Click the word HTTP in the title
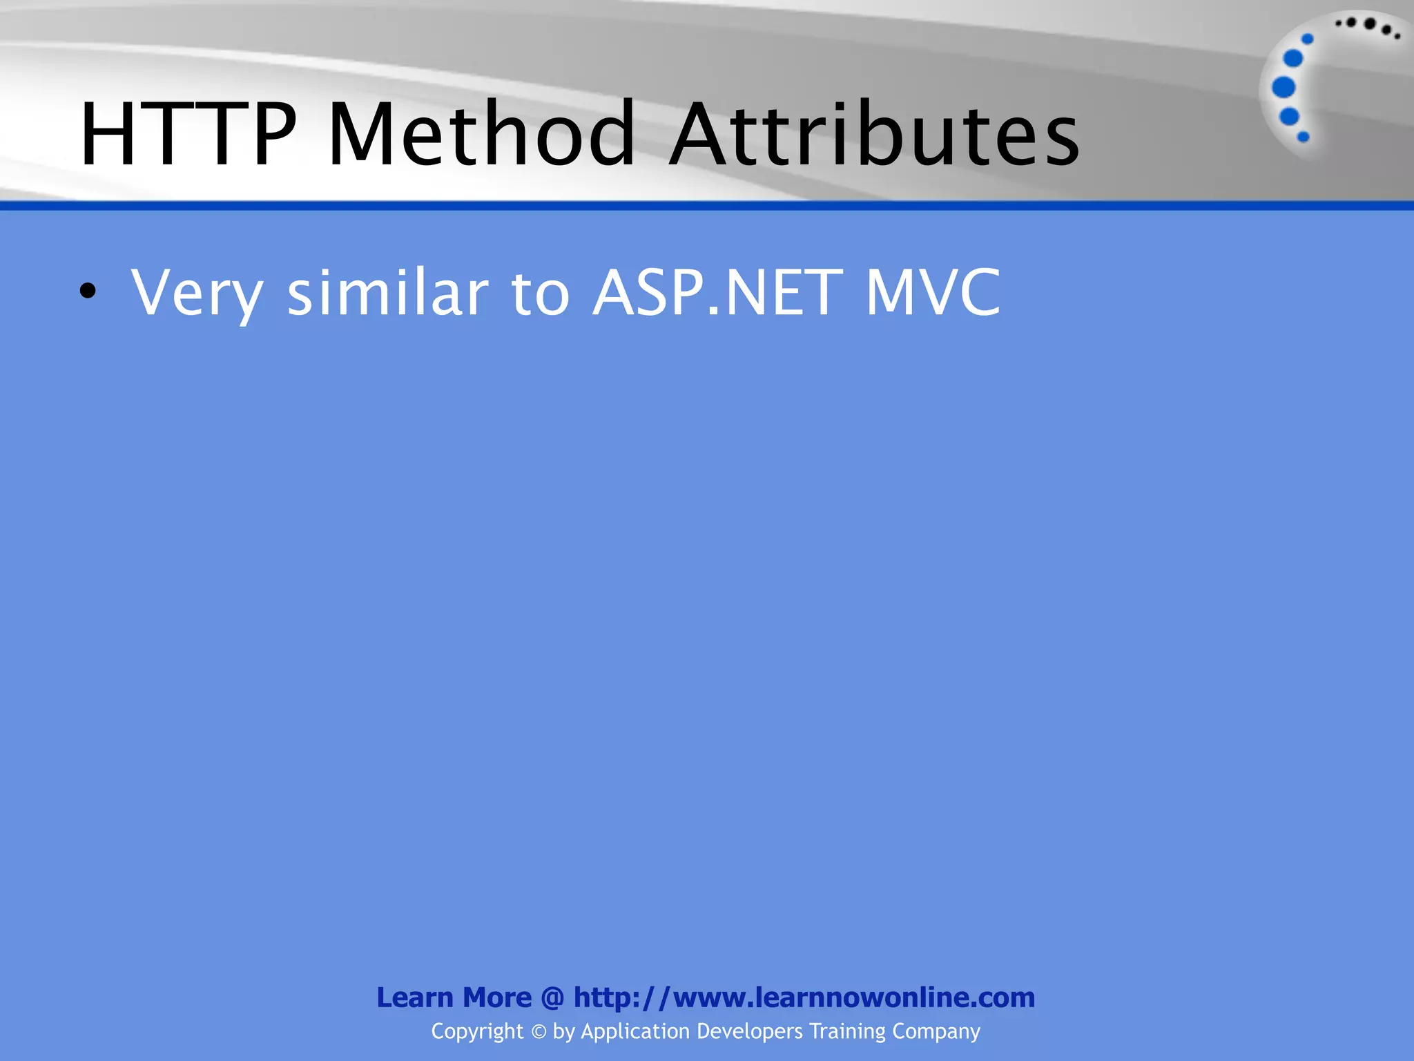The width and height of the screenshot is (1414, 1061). (188, 134)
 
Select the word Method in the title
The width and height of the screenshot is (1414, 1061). (482, 134)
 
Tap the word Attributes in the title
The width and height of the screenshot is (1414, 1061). (874, 134)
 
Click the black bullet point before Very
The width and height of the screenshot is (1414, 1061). (87, 291)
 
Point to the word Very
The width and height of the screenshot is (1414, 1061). (197, 293)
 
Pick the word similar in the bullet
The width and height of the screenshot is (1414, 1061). (387, 293)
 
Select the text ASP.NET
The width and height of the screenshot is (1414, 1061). (718, 293)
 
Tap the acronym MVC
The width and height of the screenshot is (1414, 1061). (933, 293)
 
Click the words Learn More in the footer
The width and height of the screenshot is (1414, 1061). (454, 997)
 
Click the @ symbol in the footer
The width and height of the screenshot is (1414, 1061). (552, 997)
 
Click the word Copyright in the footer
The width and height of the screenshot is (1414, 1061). (477, 1031)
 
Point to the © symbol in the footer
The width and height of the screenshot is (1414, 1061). (539, 1032)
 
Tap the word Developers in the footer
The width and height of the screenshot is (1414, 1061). (750, 1031)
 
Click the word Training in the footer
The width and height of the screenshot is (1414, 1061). (847, 1031)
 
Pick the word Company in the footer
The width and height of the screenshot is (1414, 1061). (936, 1031)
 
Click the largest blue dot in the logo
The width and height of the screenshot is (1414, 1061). (1284, 88)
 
